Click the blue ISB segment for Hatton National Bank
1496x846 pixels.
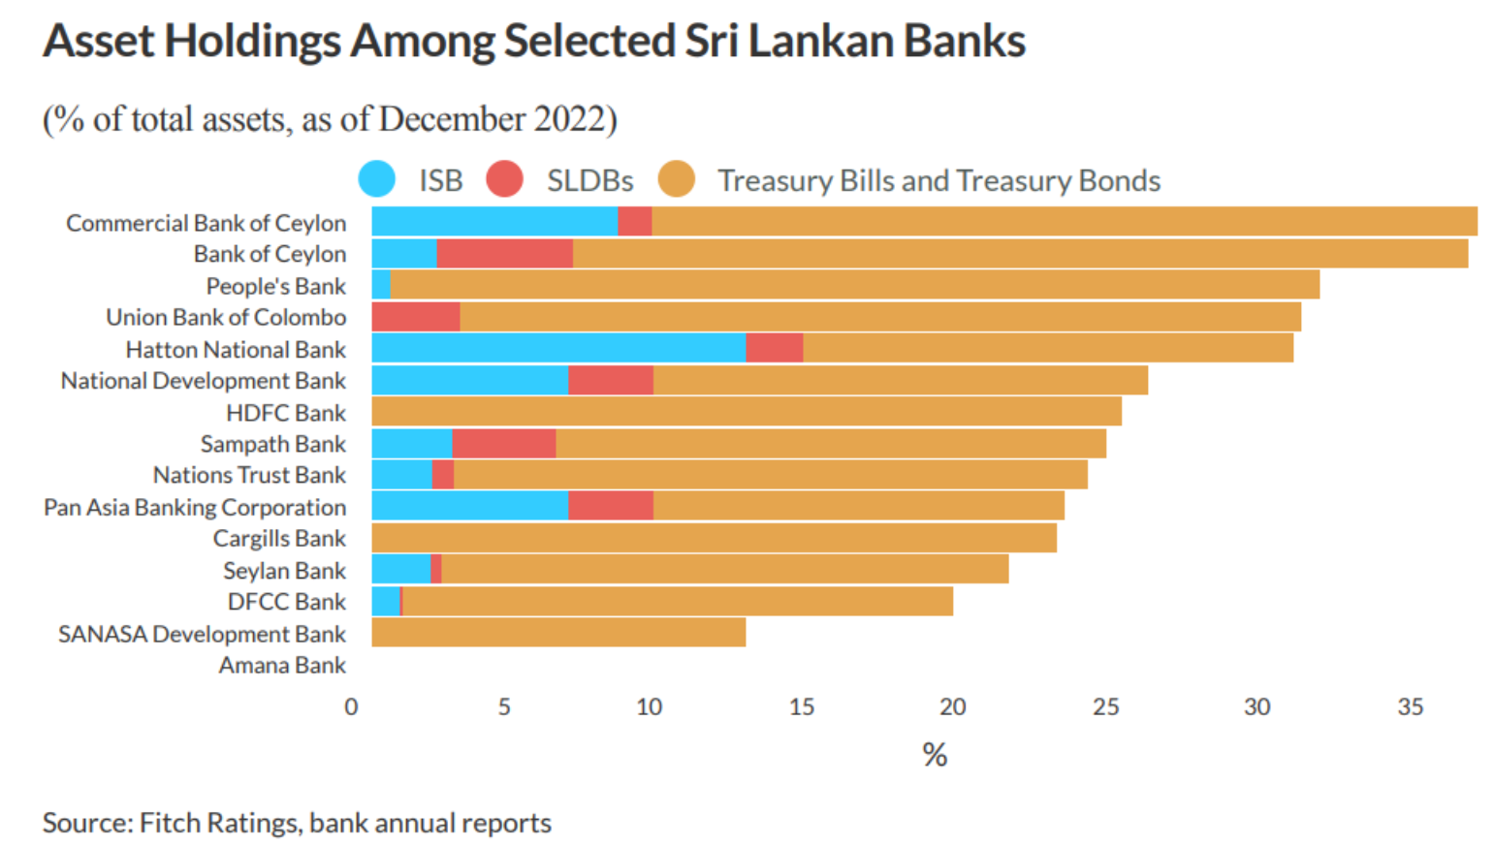click(x=558, y=348)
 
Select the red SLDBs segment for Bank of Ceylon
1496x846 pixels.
click(x=504, y=254)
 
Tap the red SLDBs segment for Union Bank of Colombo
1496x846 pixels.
click(x=415, y=317)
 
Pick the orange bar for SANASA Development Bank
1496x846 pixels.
click(x=558, y=633)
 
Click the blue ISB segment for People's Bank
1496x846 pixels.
click(x=381, y=285)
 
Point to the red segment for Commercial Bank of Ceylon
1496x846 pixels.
click(x=635, y=222)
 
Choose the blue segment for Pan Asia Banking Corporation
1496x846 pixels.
click(x=470, y=506)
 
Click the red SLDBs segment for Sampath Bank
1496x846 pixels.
click(x=504, y=444)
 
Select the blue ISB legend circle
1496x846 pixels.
click(x=377, y=179)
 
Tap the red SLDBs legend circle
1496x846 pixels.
click(x=504, y=179)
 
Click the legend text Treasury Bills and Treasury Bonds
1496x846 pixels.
click(x=939, y=181)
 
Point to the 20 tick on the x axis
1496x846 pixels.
click(x=952, y=707)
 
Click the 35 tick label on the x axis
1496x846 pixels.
click(x=1410, y=707)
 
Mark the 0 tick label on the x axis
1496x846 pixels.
click(x=351, y=707)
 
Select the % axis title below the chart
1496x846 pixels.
click(x=935, y=755)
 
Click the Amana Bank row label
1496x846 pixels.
click(x=282, y=666)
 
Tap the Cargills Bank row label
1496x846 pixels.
click(x=279, y=539)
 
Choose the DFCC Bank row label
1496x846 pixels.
click(x=286, y=602)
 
